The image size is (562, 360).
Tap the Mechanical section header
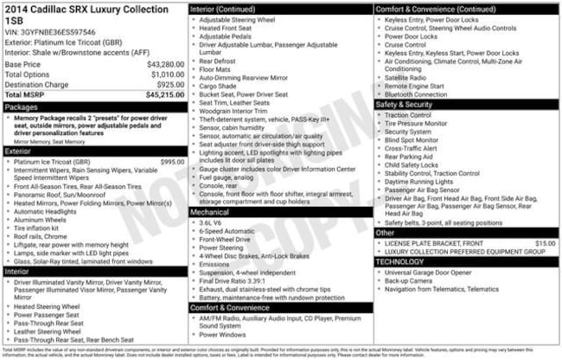pyautogui.click(x=210, y=211)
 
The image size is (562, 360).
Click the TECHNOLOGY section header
pyautogui.click(x=399, y=261)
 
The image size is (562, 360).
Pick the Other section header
pyautogui.click(x=386, y=233)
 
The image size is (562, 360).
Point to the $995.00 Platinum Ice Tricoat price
pyautogui.click(x=172, y=162)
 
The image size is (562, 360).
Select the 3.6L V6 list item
pyautogui.click(x=214, y=222)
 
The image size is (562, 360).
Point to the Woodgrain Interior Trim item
pyautogui.click(x=233, y=110)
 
